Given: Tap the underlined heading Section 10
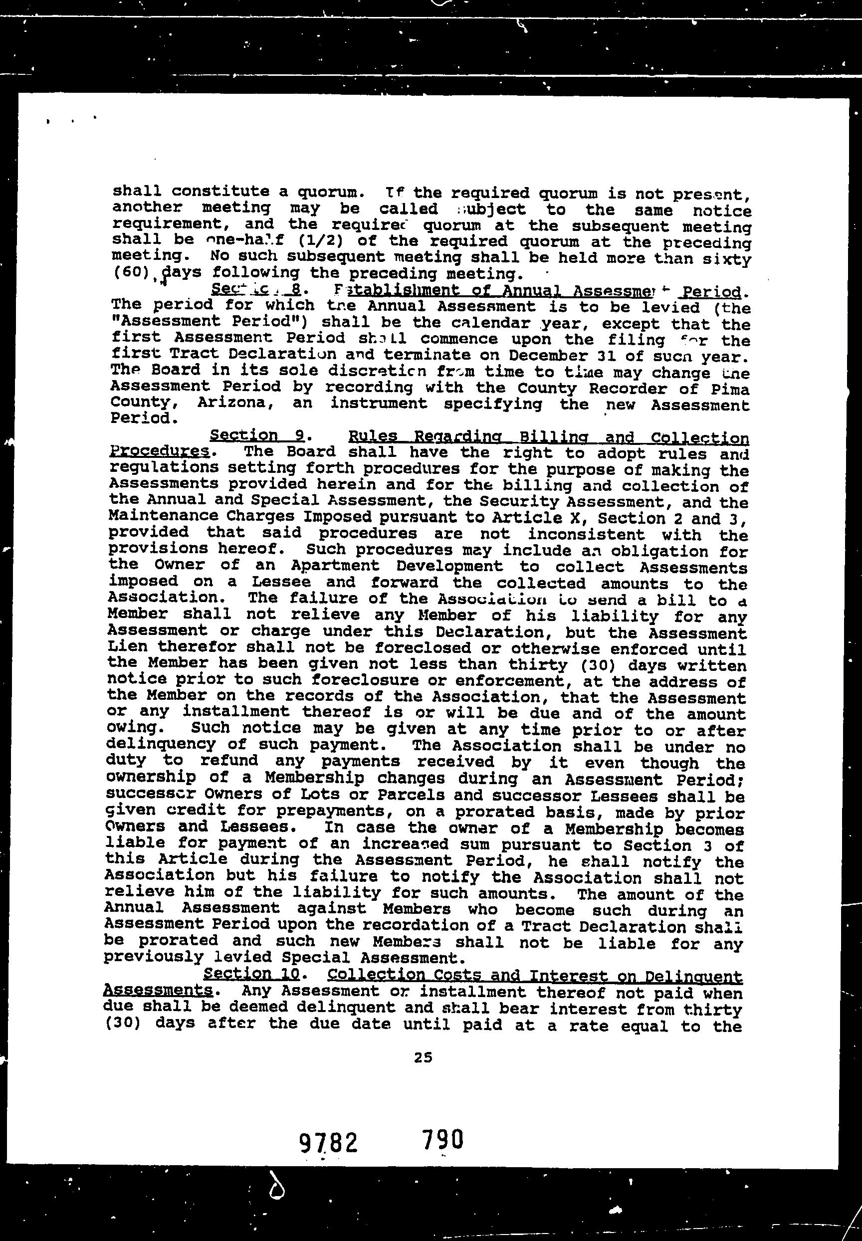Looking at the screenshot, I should (250, 974).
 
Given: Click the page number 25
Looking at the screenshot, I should (423, 1058).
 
